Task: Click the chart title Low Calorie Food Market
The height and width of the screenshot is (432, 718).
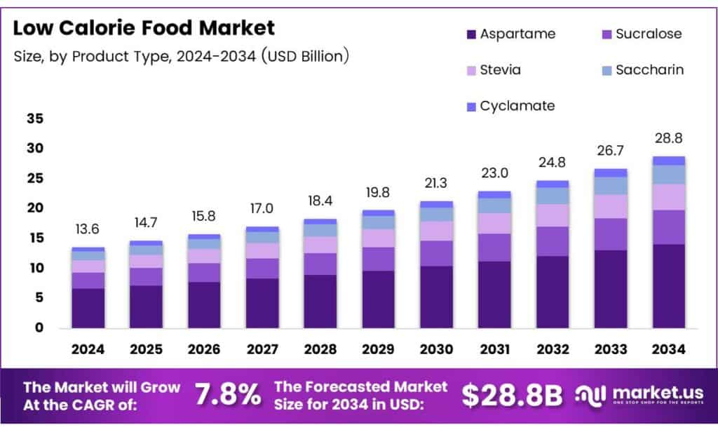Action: tap(144, 28)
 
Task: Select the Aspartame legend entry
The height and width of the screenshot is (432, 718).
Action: tap(509, 34)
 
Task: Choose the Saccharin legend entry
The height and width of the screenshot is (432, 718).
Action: tap(641, 70)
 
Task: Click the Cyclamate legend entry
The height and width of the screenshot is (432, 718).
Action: tap(509, 106)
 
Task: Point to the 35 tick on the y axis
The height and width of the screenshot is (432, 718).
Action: tap(35, 119)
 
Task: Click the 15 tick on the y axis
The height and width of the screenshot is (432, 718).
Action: tap(35, 238)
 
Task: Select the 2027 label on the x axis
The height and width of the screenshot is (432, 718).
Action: tap(262, 349)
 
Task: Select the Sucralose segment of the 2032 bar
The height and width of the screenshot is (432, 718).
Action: tap(553, 241)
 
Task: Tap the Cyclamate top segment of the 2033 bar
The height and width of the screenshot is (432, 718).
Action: tap(611, 173)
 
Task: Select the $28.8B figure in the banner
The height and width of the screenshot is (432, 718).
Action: tap(512, 396)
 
